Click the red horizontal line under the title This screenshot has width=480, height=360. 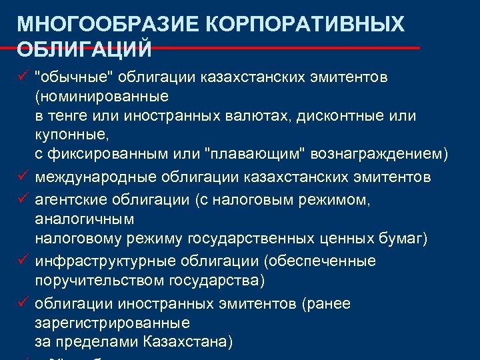pyautogui.click(x=267, y=48)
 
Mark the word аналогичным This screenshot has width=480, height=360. pyautogui.click(x=84, y=219)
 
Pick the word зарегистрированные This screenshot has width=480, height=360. pyautogui.click(x=112, y=323)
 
